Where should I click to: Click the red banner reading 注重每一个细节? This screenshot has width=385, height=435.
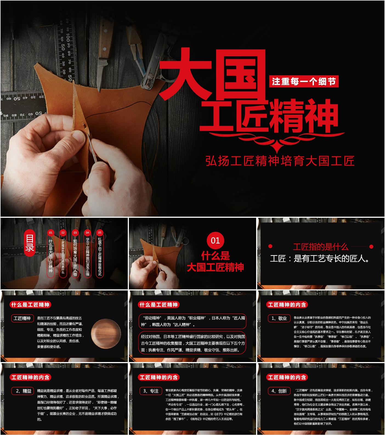click(x=304, y=81)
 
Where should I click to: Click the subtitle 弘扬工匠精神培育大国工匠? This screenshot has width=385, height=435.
click(x=280, y=161)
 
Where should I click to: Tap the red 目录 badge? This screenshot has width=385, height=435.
click(x=30, y=243)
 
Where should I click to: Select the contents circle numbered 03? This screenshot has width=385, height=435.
click(x=75, y=233)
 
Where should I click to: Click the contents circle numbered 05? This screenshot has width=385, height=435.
click(x=100, y=233)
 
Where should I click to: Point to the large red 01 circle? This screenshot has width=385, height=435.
click(x=215, y=241)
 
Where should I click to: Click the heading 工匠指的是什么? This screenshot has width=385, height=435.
click(x=321, y=247)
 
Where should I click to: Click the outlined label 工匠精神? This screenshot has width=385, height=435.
click(x=22, y=318)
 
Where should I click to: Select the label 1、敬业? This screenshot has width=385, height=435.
click(x=279, y=318)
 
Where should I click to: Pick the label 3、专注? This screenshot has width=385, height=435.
click(x=151, y=391)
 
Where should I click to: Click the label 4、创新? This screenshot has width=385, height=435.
click(x=279, y=391)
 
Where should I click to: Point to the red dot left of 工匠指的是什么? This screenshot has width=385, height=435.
click(x=270, y=246)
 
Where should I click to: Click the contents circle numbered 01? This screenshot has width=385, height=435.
click(x=51, y=233)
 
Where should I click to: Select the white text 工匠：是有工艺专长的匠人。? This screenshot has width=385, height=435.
click(x=320, y=258)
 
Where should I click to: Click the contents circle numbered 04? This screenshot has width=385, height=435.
click(x=87, y=233)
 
